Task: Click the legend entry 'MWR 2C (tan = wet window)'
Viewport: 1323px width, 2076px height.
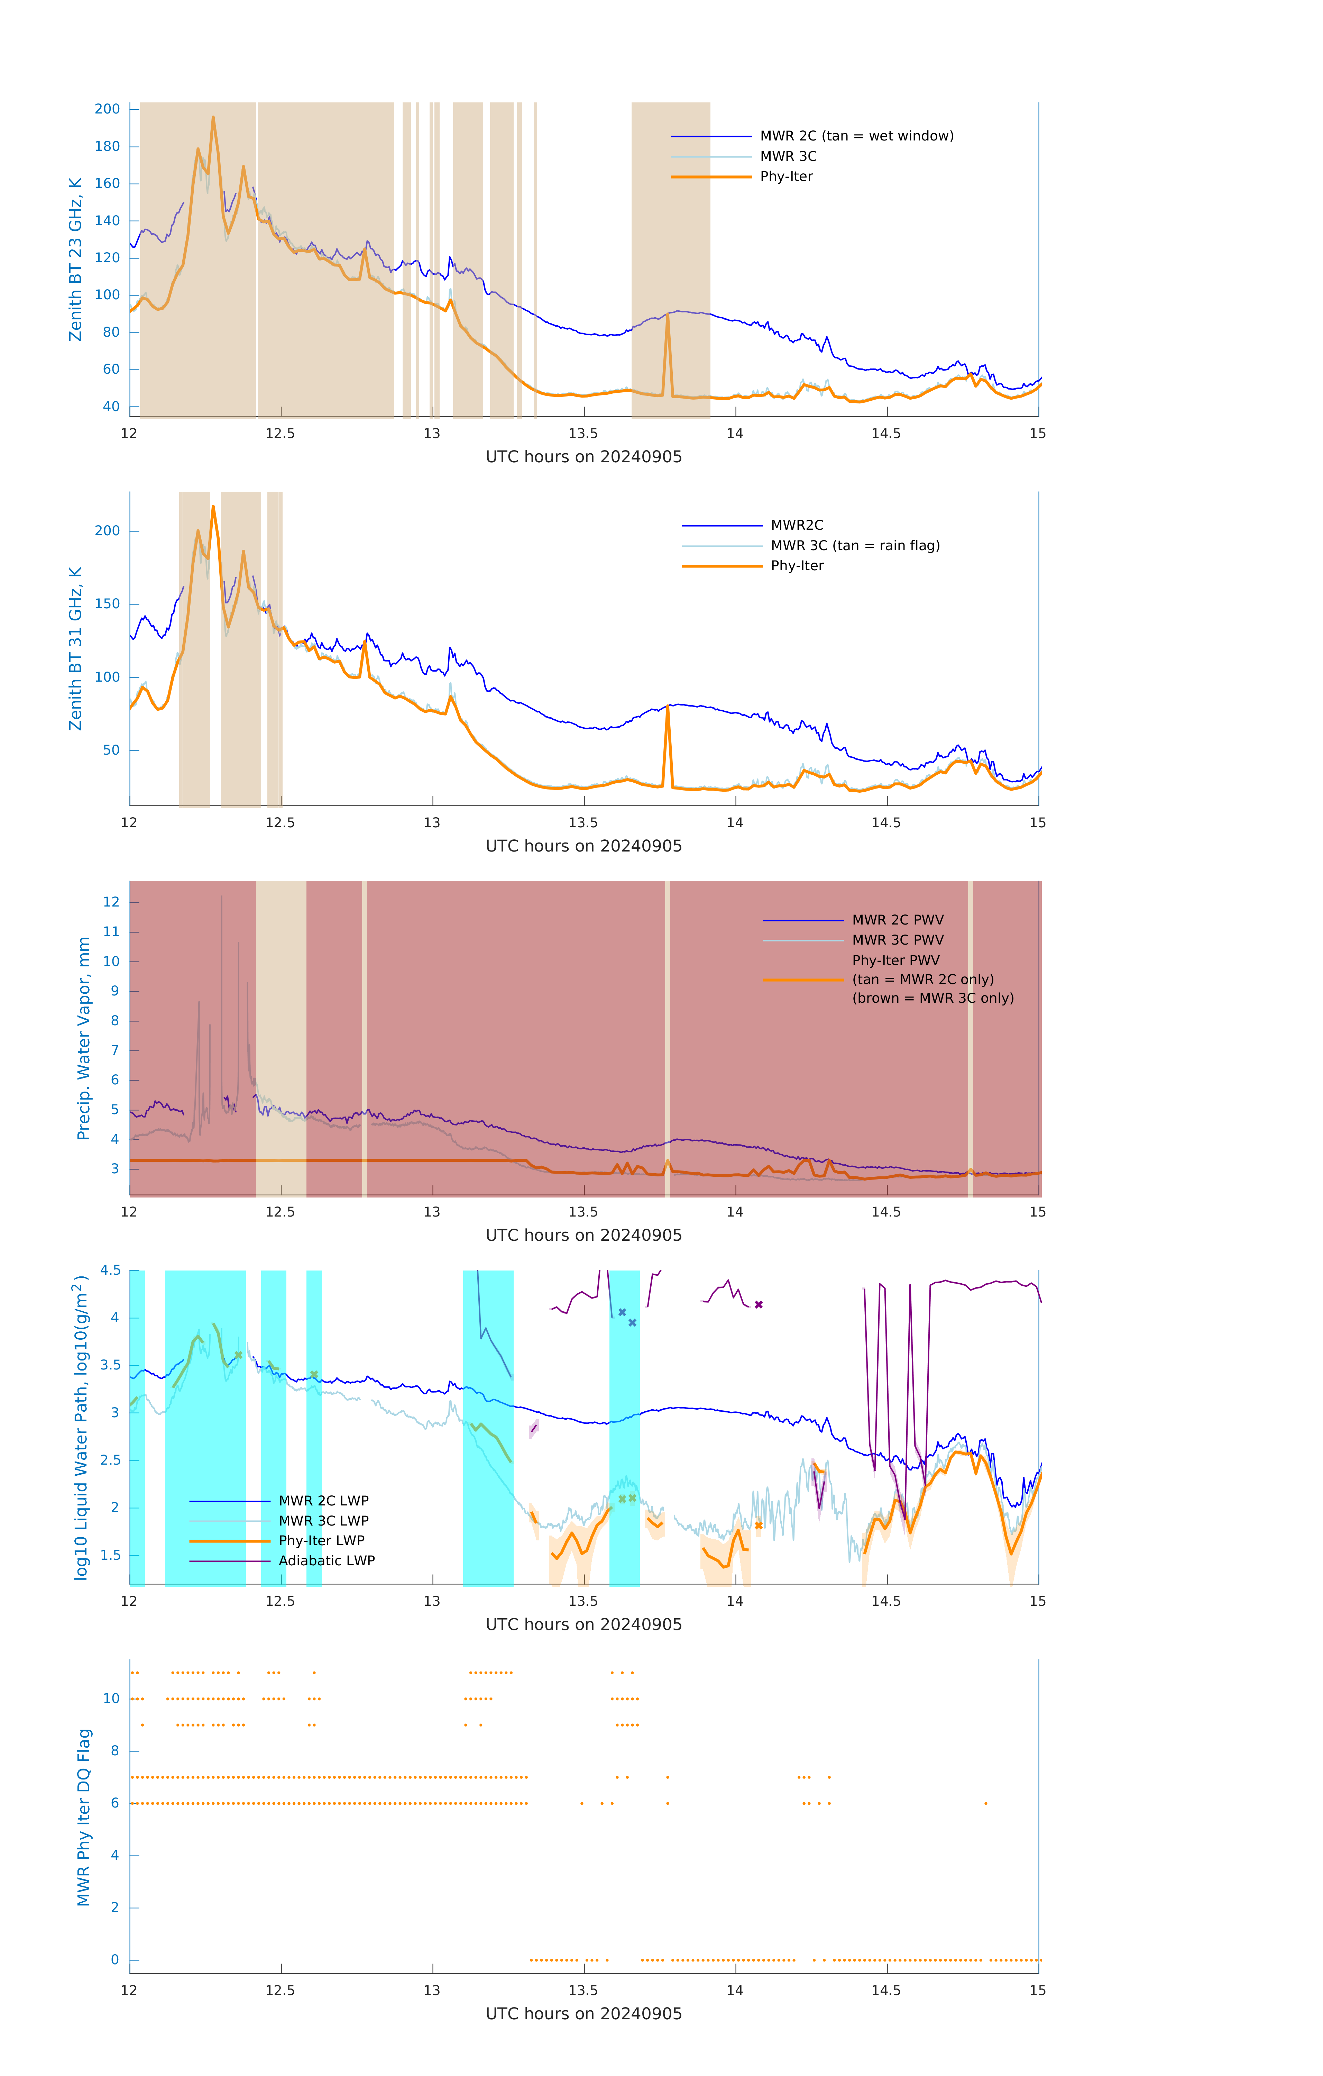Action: (856, 136)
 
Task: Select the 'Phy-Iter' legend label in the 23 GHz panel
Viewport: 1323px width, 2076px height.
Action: (786, 177)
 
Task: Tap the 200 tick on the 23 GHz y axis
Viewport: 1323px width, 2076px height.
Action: (108, 109)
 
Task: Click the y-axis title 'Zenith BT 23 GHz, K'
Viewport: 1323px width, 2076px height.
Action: (76, 259)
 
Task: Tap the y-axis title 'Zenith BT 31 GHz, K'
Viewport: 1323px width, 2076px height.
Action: (76, 648)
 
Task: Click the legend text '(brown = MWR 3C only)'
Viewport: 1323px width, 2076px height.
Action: (932, 998)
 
